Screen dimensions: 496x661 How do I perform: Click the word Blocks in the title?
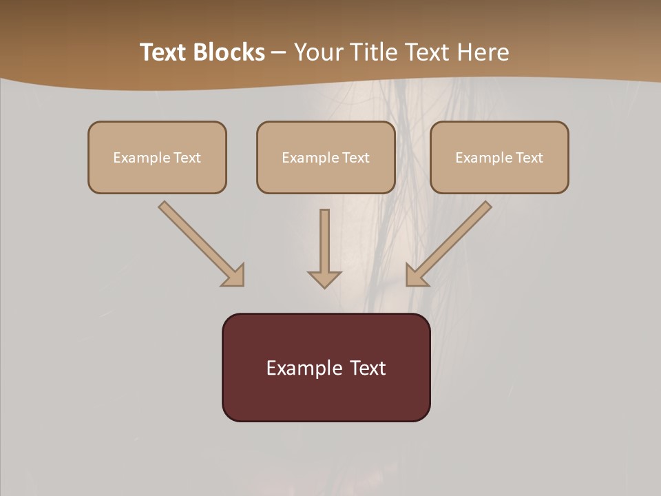pos(230,52)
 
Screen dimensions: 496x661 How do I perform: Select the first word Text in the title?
pos(165,52)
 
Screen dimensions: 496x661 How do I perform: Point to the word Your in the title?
pos(318,52)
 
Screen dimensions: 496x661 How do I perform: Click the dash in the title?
pos(280,52)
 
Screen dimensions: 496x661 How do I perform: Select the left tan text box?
pos(157,157)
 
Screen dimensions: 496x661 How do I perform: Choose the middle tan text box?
pos(326,157)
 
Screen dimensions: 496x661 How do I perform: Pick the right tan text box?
pos(499,157)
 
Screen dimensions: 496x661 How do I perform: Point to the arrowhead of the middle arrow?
pos(324,279)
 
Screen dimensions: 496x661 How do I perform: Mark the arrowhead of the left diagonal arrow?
pos(234,276)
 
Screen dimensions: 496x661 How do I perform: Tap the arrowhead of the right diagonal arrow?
pos(415,276)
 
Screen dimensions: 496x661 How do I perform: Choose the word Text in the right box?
pos(529,158)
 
